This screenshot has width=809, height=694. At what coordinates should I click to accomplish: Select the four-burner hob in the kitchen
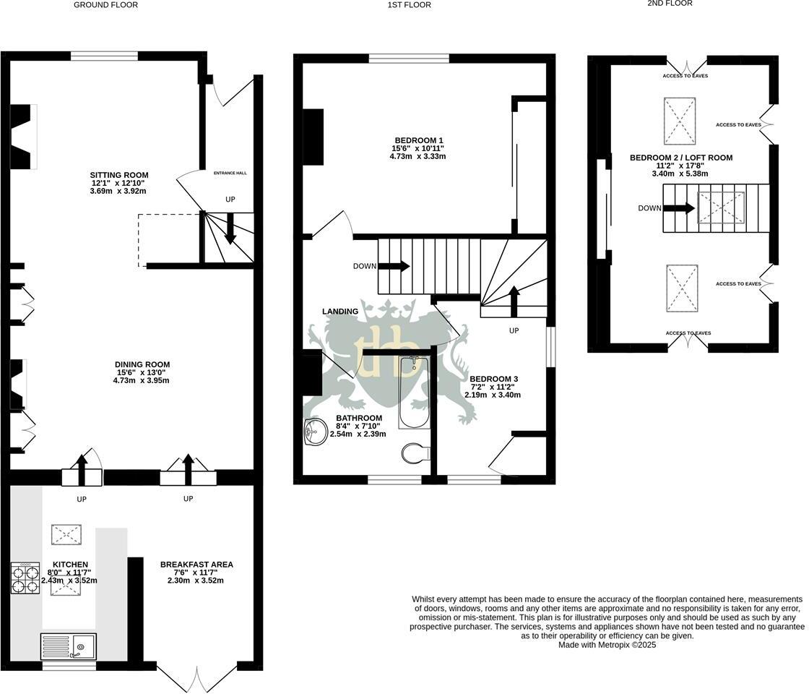(25, 578)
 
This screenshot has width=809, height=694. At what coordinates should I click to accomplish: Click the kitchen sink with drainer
(69, 646)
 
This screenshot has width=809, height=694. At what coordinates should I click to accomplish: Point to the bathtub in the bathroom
(415, 392)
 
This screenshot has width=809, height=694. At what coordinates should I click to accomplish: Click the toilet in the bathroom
(416, 453)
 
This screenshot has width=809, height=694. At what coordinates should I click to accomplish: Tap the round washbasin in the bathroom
(316, 431)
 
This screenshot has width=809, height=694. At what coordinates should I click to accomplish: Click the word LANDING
(340, 312)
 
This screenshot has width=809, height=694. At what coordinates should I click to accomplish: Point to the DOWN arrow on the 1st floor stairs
(394, 267)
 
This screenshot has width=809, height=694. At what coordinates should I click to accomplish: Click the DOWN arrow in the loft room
(679, 208)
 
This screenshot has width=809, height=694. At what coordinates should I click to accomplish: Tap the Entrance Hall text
(230, 173)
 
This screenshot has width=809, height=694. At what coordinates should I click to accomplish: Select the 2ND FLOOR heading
(670, 3)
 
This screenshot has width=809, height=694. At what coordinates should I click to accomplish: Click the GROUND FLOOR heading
(105, 5)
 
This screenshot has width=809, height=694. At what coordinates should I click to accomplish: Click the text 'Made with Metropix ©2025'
(607, 645)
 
